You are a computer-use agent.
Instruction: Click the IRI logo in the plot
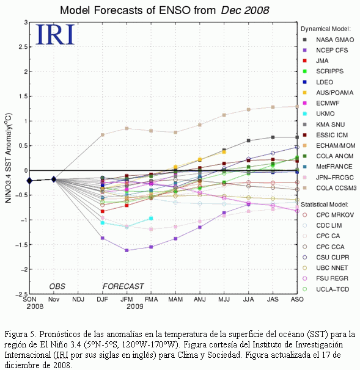55,34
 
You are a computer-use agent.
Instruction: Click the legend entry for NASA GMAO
329,40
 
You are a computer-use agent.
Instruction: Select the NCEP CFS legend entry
325,50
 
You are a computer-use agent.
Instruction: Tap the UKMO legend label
325,114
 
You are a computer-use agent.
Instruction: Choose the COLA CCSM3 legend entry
329,188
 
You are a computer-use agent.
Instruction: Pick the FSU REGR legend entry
326,278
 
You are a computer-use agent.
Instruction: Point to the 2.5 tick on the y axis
23,47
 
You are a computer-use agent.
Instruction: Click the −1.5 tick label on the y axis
21,245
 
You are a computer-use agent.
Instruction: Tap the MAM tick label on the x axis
175,299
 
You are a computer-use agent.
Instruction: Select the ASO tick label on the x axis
297,299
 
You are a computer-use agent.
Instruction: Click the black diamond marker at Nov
54,180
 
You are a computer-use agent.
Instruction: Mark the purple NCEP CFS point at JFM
127,250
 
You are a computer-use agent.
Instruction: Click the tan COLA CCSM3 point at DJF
103,135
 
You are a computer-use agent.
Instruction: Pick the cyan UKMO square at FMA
151,218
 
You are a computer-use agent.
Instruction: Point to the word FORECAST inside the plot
123,286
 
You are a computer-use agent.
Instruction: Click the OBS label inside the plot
57,286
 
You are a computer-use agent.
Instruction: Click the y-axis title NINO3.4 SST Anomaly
9,158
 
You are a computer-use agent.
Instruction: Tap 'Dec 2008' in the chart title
245,10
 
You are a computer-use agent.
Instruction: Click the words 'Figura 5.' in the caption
20,335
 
